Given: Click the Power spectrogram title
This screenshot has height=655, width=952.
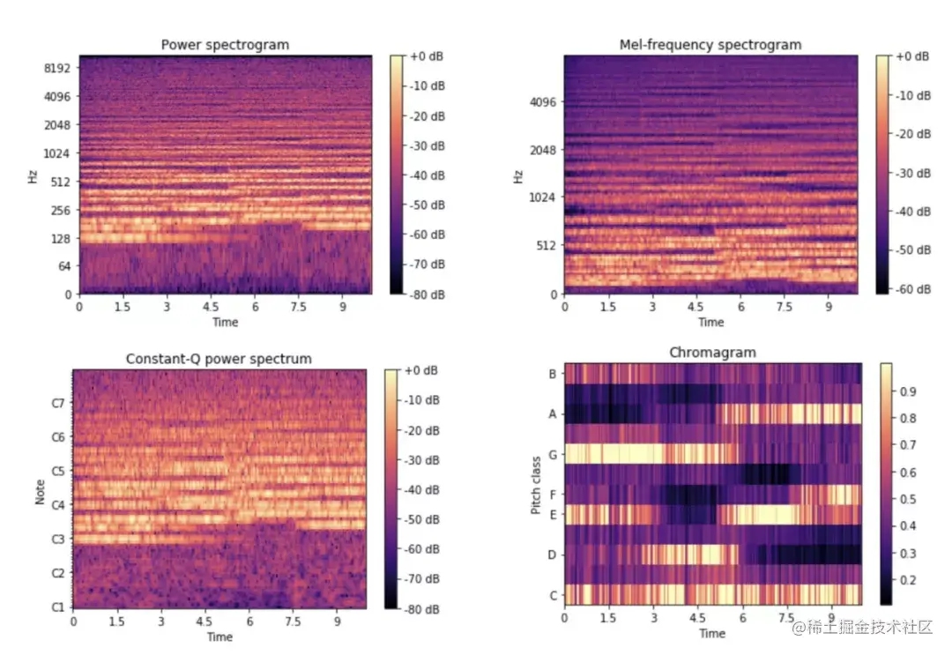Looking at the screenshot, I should click(x=225, y=45).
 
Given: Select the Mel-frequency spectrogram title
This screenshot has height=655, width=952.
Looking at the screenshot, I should click(x=710, y=45).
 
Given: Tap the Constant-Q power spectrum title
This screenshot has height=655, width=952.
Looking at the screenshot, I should click(x=219, y=359).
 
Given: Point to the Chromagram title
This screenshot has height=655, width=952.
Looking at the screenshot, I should click(x=711, y=353).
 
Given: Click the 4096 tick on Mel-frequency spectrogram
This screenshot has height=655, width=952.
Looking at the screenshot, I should click(x=544, y=102).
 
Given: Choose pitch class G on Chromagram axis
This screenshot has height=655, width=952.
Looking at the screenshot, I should click(x=552, y=454).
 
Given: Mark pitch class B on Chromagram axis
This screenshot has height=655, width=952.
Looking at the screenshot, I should click(x=553, y=375).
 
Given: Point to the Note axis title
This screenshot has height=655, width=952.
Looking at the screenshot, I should click(x=41, y=489).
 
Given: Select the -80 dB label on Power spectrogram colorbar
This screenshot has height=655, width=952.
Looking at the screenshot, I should click(x=427, y=294).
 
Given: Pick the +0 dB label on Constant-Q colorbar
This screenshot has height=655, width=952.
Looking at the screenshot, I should click(x=422, y=371).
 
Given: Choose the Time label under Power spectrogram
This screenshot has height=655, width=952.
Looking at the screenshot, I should click(x=225, y=323).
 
